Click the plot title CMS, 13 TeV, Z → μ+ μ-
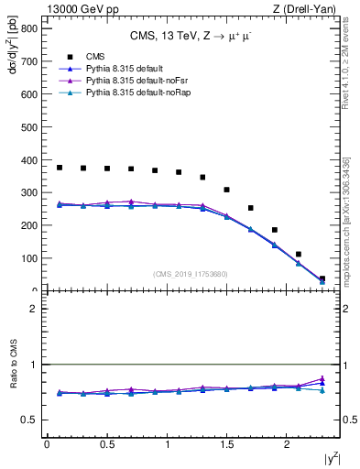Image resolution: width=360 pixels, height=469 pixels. click(191, 36)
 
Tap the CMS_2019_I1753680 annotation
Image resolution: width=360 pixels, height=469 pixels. click(191, 273)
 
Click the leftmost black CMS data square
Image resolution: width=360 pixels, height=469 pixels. click(60, 168)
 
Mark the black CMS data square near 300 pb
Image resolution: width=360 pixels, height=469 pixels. click(226, 190)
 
